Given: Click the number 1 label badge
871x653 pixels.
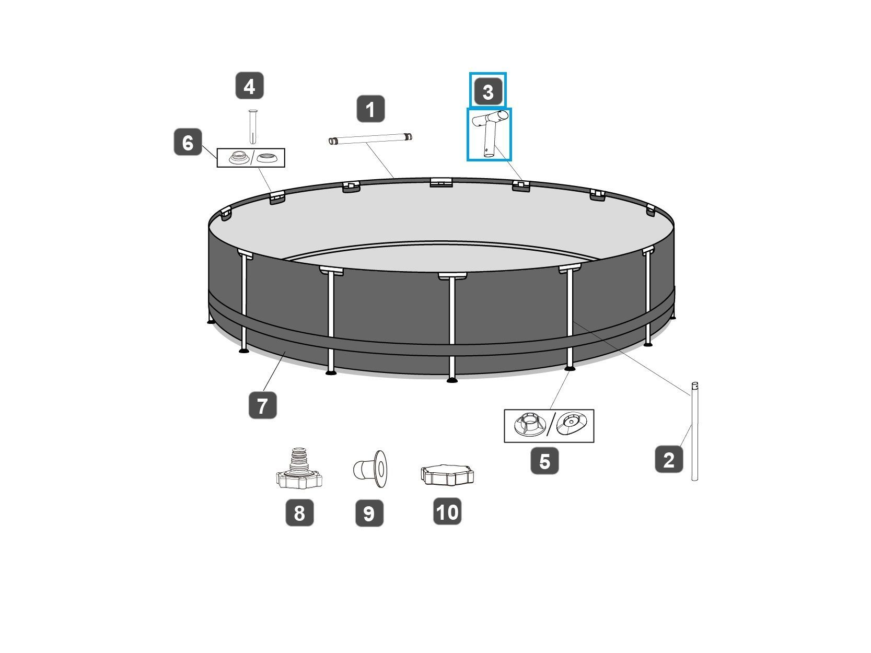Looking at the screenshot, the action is (370, 109).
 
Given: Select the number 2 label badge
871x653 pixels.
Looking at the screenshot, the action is (669, 459).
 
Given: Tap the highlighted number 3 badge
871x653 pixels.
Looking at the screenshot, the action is (487, 91).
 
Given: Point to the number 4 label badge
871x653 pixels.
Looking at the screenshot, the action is (249, 85).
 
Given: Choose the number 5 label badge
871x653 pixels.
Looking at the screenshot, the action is (544, 461).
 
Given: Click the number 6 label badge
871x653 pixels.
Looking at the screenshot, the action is (188, 142).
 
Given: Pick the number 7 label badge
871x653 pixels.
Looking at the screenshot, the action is (262, 405).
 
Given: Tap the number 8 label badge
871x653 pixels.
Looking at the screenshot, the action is (299, 512).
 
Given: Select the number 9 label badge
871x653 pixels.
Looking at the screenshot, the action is (369, 513).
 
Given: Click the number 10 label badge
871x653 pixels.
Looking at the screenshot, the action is (447, 511).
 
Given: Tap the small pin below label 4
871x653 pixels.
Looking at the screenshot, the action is (252, 126).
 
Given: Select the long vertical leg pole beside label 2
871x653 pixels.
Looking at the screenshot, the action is (694, 431).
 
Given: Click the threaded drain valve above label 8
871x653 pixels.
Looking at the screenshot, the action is (299, 469).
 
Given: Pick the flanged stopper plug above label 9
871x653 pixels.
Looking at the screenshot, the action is (370, 469).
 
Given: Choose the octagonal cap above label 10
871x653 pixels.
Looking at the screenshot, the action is (447, 474).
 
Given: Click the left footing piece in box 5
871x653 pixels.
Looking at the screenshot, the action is (529, 424).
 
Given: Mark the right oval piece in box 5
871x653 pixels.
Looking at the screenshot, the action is (572, 423).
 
